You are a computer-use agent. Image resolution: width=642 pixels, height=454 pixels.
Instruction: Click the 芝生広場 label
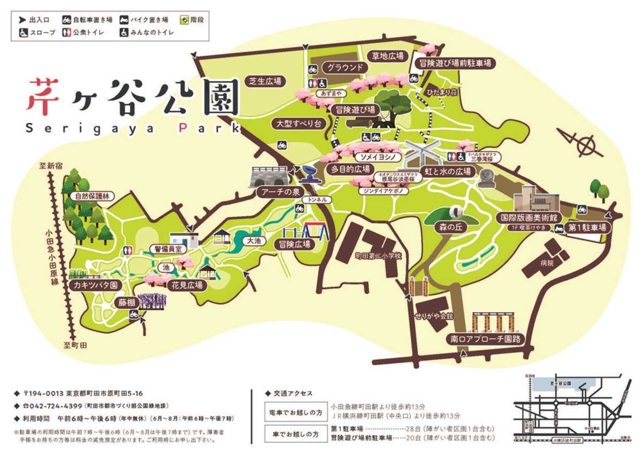[265, 81]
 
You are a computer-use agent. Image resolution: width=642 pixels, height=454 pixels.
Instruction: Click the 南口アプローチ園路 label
[486, 339]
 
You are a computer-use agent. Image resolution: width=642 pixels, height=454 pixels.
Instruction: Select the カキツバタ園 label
[94, 286]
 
